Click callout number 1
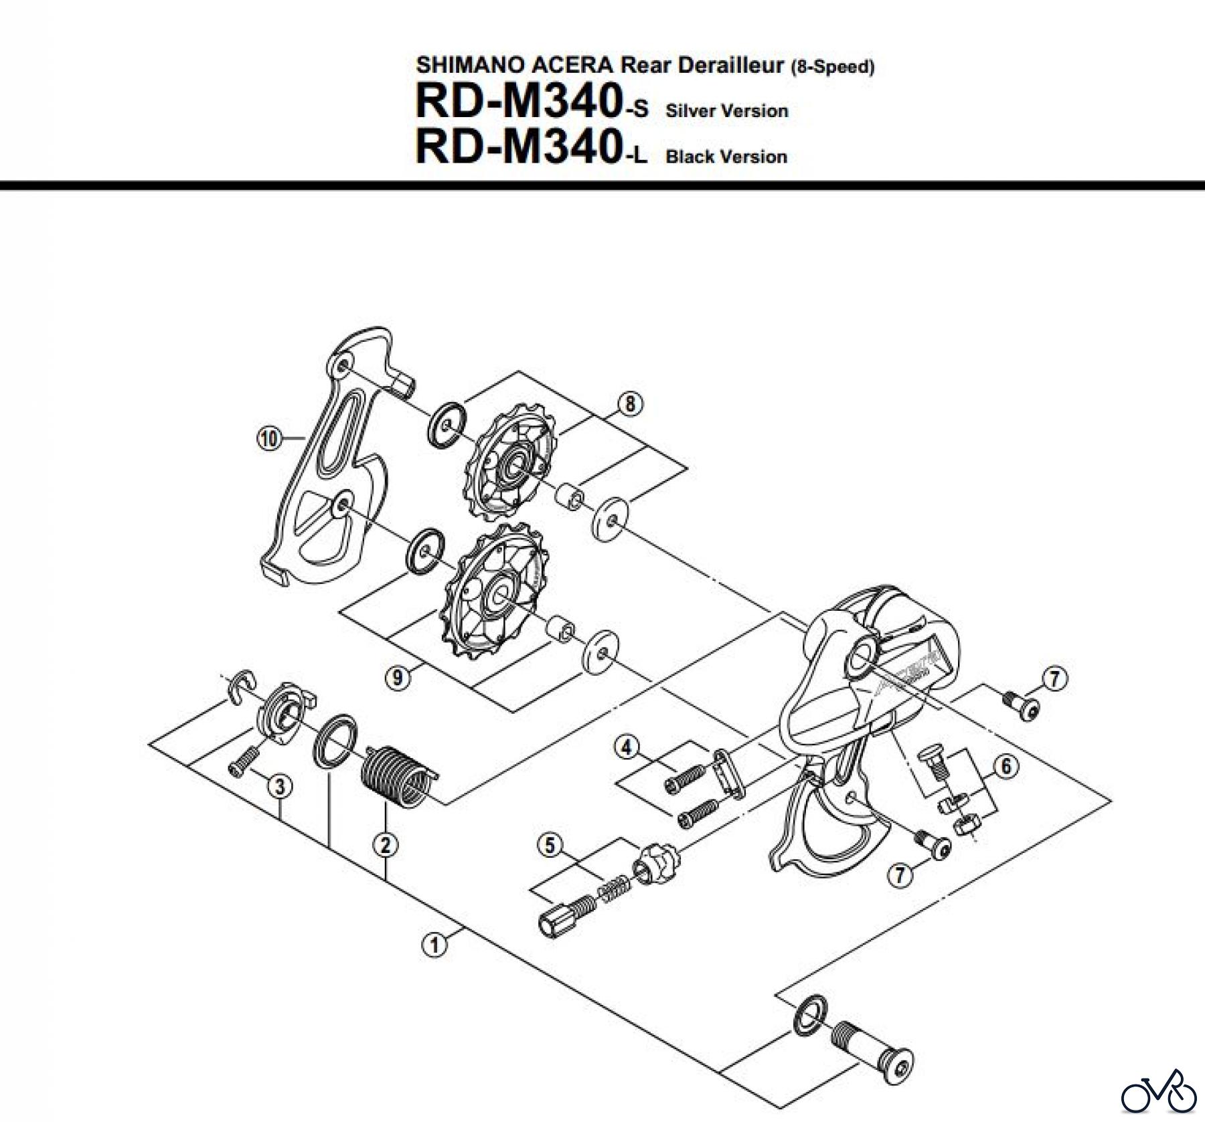click(434, 945)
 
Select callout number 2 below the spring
click(386, 846)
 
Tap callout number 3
click(280, 787)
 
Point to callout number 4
click(626, 747)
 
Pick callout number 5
click(550, 846)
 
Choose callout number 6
click(1006, 766)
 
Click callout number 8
click(629, 404)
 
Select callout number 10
click(269, 439)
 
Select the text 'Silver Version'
click(726, 111)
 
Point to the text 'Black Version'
click(726, 157)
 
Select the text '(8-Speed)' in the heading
click(832, 68)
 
